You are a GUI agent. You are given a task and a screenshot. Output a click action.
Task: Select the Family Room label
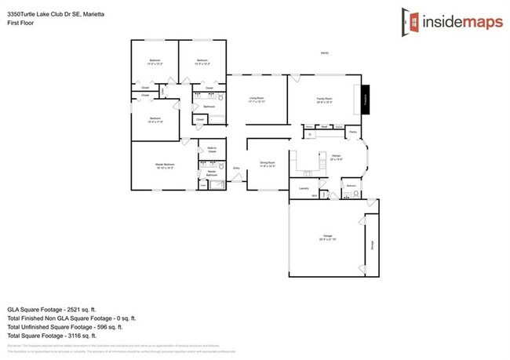324,100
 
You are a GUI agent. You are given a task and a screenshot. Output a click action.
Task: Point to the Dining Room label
268,164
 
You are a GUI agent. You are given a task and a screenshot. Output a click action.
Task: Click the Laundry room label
304,188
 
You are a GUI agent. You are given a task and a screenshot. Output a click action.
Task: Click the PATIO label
324,53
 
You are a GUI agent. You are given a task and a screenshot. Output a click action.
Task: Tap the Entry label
237,168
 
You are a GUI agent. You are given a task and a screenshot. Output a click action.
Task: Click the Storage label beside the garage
371,243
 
